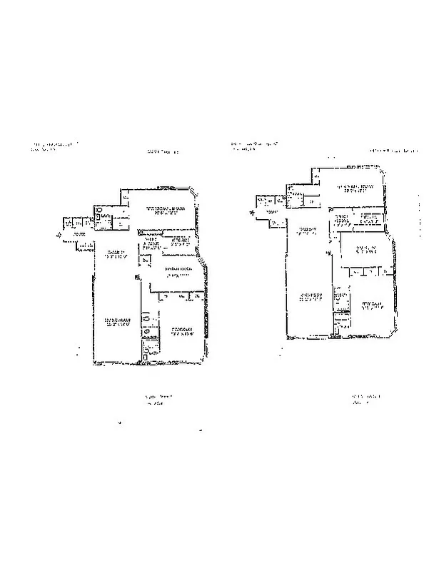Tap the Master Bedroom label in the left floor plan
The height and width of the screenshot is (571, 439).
tap(166, 210)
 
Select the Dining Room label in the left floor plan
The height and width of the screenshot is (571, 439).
tap(176, 271)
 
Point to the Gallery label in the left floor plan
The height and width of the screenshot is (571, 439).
tap(116, 255)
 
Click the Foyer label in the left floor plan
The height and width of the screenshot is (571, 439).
tap(79, 235)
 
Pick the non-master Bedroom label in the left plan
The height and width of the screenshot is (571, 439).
tap(184, 330)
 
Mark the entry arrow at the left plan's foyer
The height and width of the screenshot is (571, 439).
tap(57, 233)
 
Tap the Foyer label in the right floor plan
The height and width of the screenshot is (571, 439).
tap(271, 213)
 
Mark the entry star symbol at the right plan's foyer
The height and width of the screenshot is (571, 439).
tap(251, 212)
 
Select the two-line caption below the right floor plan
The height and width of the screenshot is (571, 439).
tap(363, 398)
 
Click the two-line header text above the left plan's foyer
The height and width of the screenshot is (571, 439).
tap(54, 148)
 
